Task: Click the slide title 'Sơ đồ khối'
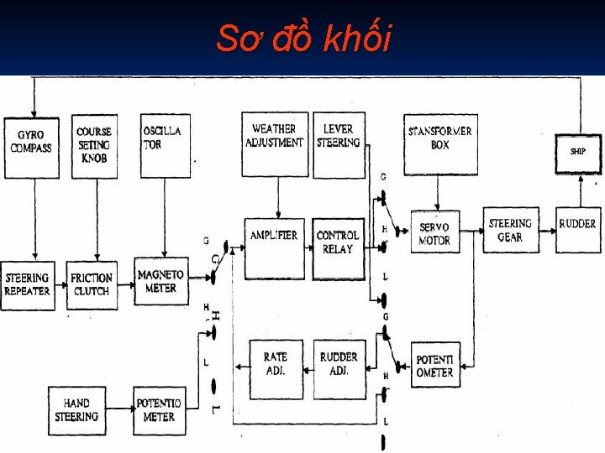pyautogui.click(x=303, y=38)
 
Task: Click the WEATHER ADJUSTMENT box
pyautogui.click(x=274, y=143)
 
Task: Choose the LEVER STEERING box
pyautogui.click(x=339, y=143)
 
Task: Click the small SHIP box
pyautogui.click(x=578, y=153)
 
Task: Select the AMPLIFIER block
pyautogui.click(x=274, y=247)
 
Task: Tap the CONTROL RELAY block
pyautogui.click(x=338, y=248)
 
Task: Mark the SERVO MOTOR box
pyautogui.click(x=434, y=232)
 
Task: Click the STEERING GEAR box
pyautogui.click(x=510, y=230)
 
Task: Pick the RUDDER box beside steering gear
pyautogui.click(x=578, y=230)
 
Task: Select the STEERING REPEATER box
pyautogui.click(x=28, y=284)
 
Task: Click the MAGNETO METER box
pyautogui.click(x=160, y=282)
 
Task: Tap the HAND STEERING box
pyautogui.click(x=76, y=410)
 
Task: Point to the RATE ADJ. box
pyautogui.click(x=276, y=367)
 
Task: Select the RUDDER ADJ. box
pyautogui.click(x=339, y=367)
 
